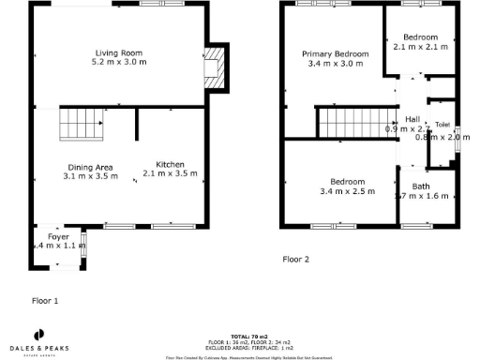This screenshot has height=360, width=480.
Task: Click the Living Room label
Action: tap(118, 52)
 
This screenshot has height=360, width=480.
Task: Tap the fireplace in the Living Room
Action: tap(215, 67)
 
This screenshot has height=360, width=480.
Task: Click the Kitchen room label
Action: tap(170, 163)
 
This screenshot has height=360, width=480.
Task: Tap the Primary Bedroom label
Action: tap(335, 54)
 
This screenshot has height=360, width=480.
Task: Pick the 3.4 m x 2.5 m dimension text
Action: tap(347, 190)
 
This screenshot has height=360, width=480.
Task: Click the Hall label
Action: tap(412, 119)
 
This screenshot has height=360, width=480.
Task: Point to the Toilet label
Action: tap(442, 125)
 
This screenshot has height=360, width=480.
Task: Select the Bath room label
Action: tap(409, 187)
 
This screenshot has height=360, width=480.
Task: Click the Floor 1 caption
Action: tap(45, 301)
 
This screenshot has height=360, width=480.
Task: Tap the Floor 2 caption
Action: tap(296, 258)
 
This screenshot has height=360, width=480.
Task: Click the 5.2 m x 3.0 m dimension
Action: tap(118, 62)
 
